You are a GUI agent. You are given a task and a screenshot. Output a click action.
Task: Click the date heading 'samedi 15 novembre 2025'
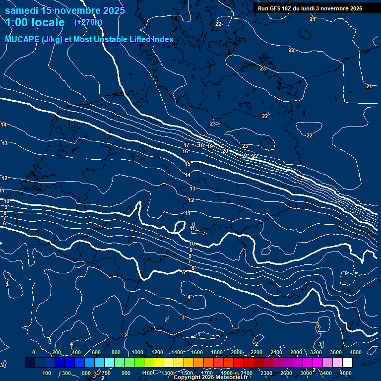64,10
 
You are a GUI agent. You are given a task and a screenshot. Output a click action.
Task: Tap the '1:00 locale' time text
35,22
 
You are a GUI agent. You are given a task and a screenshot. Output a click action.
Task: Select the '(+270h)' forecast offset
88,22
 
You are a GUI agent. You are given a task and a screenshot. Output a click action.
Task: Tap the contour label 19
210,147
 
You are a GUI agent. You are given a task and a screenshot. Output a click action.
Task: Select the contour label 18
201,145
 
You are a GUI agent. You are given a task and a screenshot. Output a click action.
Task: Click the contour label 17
187,145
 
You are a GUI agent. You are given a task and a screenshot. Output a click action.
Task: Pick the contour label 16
185,151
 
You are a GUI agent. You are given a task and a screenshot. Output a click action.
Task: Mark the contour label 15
188,164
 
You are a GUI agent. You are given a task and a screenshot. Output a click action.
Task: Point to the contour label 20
225,151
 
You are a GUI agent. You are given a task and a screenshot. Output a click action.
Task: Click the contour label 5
183,272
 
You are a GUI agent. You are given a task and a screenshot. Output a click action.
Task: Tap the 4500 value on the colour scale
356,352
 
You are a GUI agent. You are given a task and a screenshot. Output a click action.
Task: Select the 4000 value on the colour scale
346,373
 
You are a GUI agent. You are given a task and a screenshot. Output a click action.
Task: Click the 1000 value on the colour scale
137,352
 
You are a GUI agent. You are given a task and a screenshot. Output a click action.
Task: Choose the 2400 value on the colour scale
276,352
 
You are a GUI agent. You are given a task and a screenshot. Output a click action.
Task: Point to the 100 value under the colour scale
47,373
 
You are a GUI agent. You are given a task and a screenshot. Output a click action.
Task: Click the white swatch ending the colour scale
361,363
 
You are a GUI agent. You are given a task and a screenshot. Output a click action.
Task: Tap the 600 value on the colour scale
96,352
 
